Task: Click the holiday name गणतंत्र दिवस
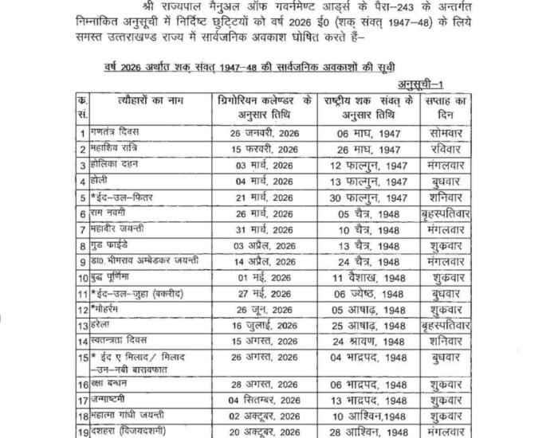[x=120, y=131]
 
